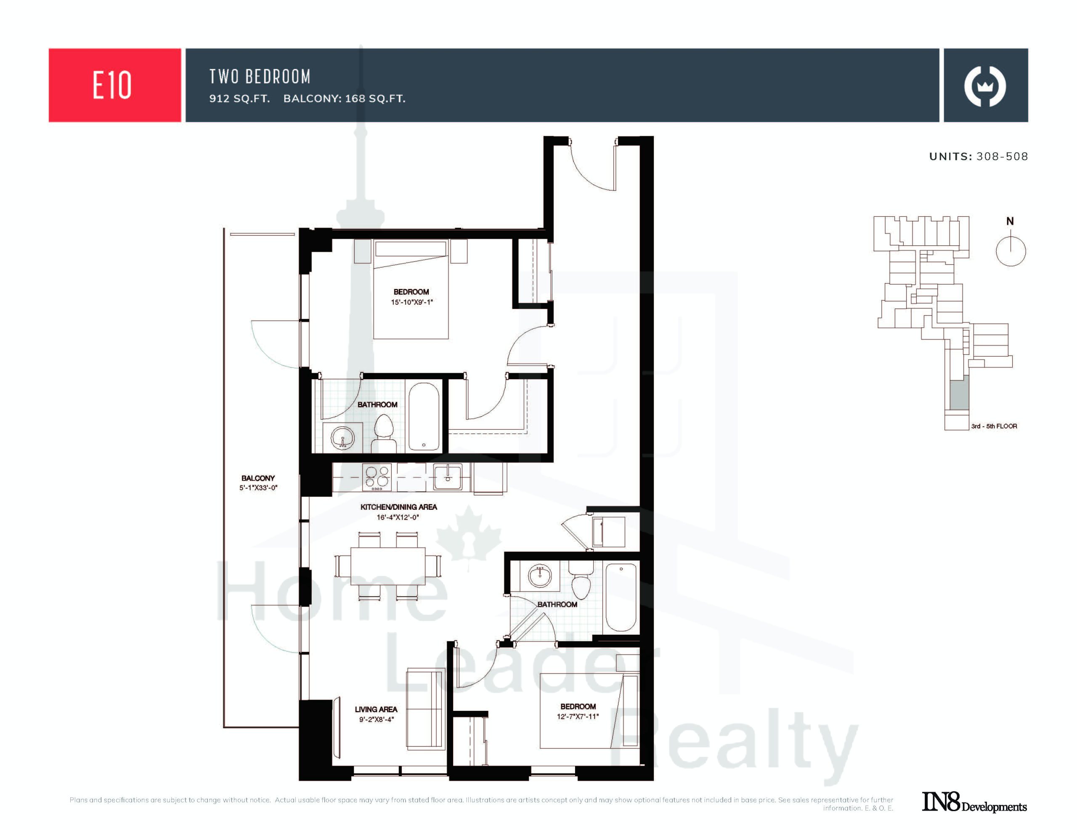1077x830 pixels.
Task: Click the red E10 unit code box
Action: pyautogui.click(x=115, y=85)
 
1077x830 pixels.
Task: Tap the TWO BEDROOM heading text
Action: pyautogui.click(x=260, y=77)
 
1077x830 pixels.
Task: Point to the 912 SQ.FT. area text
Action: pyautogui.click(x=240, y=98)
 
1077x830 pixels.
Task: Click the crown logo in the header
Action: pyautogui.click(x=985, y=86)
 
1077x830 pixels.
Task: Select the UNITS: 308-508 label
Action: pyautogui.click(x=979, y=157)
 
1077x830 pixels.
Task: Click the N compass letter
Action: pyautogui.click(x=1010, y=221)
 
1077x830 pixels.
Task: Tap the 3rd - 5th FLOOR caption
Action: pyautogui.click(x=994, y=426)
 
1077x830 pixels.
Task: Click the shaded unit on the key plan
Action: pyautogui.click(x=959, y=392)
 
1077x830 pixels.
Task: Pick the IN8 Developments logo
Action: pyautogui.click(x=974, y=802)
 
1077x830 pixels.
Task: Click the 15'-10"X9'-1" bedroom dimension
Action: pyautogui.click(x=412, y=302)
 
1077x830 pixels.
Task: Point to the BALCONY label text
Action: pyautogui.click(x=258, y=478)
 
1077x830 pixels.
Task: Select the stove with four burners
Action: pyautogui.click(x=377, y=477)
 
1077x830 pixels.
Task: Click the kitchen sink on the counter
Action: pyautogui.click(x=448, y=477)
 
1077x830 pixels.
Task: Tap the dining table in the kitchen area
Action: pyautogui.click(x=388, y=566)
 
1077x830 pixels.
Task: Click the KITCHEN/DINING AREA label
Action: pyautogui.click(x=398, y=507)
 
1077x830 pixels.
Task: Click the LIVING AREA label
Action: pyautogui.click(x=376, y=709)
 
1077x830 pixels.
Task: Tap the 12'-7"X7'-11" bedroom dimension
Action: pyautogui.click(x=578, y=716)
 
